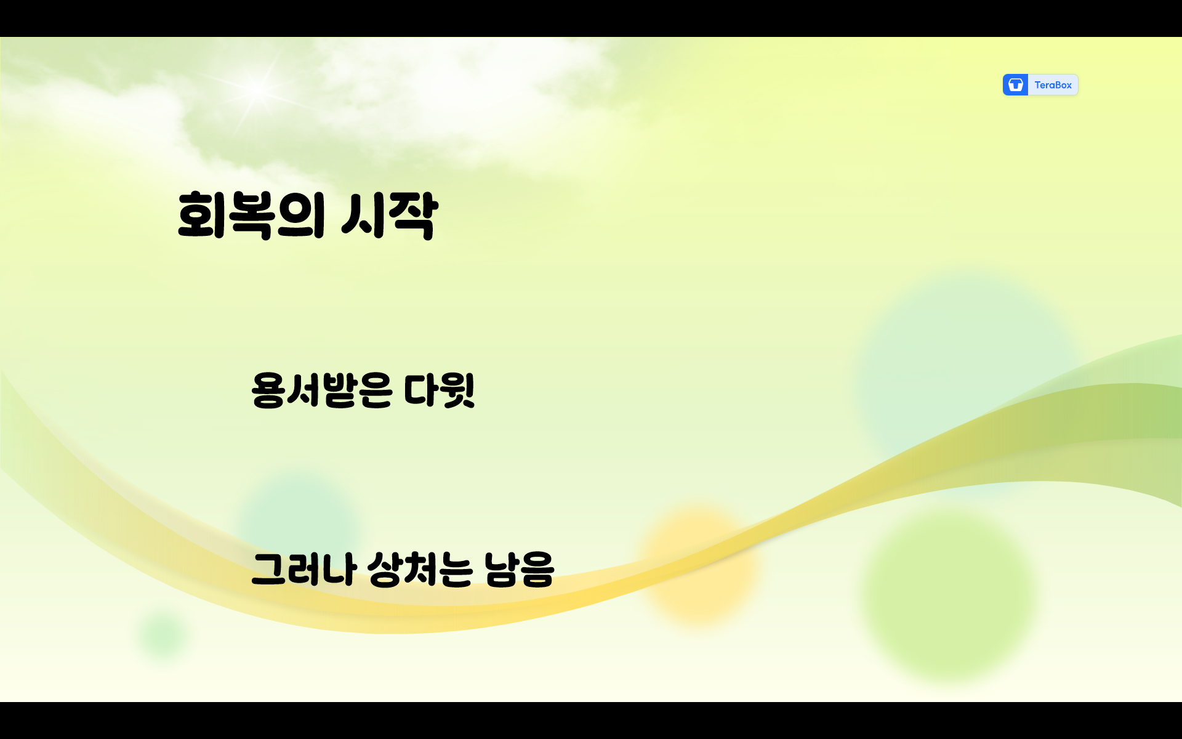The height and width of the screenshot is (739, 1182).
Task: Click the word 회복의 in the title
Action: tap(251, 215)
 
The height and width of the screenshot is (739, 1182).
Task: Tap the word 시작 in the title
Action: tap(389, 215)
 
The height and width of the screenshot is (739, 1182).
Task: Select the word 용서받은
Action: tap(321, 390)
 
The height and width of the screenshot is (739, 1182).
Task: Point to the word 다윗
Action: tap(440, 390)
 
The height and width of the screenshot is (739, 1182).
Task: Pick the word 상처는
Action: tap(420, 569)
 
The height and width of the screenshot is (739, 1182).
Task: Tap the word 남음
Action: tap(519, 569)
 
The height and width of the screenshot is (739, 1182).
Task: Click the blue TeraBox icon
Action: tap(1015, 85)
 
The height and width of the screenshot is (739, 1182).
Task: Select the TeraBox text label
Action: tap(1053, 85)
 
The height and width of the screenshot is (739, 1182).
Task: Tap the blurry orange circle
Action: tap(699, 563)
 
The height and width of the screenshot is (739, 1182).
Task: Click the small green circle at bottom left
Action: tap(163, 634)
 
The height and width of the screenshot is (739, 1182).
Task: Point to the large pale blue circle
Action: tap(967, 369)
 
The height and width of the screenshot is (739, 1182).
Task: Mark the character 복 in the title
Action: tap(251, 215)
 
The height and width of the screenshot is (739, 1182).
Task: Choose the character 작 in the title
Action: tap(413, 215)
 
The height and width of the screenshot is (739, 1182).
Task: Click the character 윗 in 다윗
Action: tap(458, 390)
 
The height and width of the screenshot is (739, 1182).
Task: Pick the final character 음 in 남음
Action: tap(537, 569)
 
